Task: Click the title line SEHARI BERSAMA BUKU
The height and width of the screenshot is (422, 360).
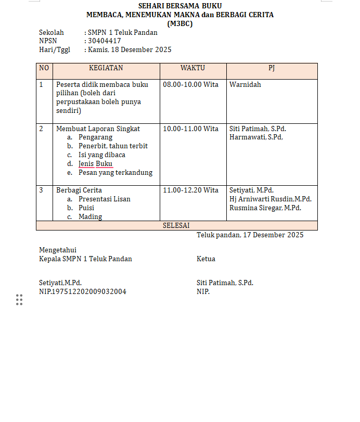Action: point(179,6)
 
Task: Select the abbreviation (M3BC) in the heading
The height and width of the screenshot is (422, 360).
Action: point(179,23)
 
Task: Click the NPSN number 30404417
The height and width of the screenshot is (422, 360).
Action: point(105,41)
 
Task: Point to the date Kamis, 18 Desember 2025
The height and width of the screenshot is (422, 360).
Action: point(130,50)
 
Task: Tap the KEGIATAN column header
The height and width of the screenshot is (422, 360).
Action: point(106,68)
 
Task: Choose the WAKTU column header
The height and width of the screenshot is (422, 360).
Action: point(192,68)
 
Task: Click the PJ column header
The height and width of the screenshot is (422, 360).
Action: point(272,68)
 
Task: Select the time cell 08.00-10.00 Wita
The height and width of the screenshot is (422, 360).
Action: point(190,84)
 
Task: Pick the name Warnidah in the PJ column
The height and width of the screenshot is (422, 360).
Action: point(245,84)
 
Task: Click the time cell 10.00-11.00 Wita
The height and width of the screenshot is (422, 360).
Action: point(190,129)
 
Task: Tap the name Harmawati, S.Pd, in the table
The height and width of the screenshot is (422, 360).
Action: point(256,137)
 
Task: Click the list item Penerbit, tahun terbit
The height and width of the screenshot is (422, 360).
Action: point(113,146)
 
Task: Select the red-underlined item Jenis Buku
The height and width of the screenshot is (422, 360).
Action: point(95,164)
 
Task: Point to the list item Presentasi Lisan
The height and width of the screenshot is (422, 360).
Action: point(105,199)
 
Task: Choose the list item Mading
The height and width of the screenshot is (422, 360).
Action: point(91,217)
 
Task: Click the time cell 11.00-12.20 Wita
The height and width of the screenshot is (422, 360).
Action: point(190,190)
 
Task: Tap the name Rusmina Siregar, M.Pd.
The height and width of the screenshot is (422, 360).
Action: point(265,208)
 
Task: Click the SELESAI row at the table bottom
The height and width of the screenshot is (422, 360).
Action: point(176,226)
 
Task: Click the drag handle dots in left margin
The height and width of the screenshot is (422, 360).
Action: point(19,300)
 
